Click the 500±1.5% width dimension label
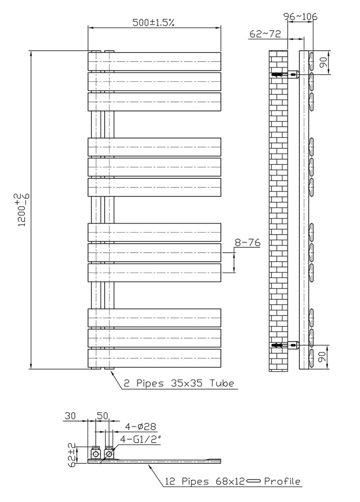153,23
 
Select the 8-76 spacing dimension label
247,243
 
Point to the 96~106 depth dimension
301,16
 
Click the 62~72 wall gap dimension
265,34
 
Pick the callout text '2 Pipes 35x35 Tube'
179,383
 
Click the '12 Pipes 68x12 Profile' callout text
233,481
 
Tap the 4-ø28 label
140,427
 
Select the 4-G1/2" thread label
140,439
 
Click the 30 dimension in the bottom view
70,416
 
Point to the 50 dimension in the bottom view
103,416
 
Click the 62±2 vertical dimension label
72,454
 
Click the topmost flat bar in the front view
154,61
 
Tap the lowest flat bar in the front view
154,358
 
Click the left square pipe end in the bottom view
96,454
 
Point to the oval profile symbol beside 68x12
254,481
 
